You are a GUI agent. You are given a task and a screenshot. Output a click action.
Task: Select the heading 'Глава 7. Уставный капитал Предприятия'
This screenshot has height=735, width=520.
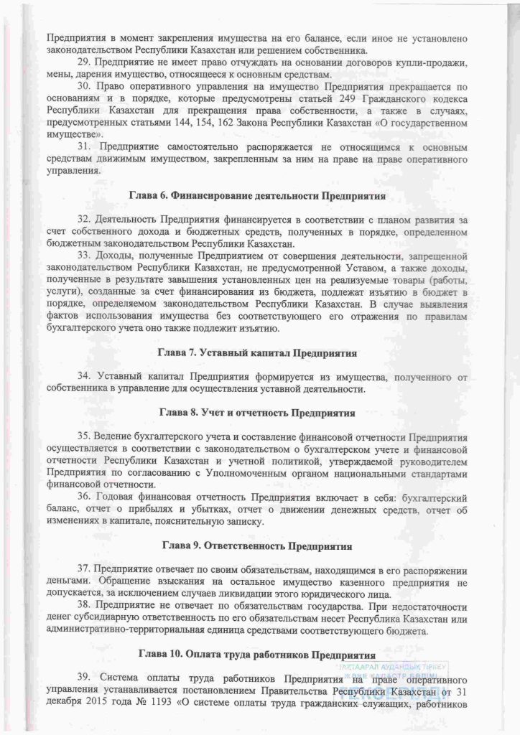(x=257, y=353)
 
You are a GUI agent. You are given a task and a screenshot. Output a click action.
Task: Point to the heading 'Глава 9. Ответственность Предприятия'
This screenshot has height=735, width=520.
(x=257, y=546)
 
